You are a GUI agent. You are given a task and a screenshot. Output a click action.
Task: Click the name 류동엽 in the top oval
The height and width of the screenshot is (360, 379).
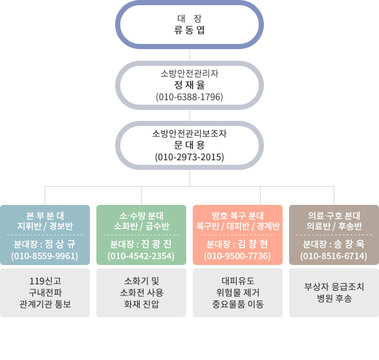point(189,30)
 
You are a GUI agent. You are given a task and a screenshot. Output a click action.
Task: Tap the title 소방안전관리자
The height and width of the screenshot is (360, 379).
point(189,73)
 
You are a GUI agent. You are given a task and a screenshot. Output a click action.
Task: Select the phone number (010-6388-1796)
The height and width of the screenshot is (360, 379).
point(189,97)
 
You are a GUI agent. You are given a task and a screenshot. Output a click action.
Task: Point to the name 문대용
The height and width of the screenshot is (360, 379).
point(189,145)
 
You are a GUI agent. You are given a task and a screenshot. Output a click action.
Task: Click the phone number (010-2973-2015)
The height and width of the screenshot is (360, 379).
point(189,157)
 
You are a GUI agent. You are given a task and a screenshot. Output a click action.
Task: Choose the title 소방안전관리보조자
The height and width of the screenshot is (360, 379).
point(189,133)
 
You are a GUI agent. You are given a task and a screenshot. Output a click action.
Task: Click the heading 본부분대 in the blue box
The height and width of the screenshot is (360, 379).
point(45,215)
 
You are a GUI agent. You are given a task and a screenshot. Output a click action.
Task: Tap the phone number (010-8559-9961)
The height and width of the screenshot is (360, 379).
point(45,256)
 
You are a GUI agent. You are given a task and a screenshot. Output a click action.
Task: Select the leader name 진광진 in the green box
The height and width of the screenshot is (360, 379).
point(156,244)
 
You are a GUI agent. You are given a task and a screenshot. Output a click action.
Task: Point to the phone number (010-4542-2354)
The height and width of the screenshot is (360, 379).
point(141,256)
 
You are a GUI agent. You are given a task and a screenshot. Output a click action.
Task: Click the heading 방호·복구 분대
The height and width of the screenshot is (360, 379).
point(237,215)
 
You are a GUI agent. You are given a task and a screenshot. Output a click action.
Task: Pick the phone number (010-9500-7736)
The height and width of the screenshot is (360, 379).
point(237,256)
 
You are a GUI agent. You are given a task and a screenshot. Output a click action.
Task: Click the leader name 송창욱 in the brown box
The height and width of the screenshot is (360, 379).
point(349,244)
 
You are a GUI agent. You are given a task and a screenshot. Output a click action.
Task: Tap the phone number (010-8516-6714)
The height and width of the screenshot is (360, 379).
point(334,256)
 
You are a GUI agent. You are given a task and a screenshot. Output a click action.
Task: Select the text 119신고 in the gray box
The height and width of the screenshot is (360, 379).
point(45,281)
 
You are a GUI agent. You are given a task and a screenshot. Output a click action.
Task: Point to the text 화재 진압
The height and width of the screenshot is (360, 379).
point(142,304)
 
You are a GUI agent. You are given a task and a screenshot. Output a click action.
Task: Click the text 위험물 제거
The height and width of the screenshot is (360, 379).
point(237,293)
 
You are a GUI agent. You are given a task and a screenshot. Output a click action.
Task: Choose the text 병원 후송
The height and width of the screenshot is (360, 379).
point(334,299)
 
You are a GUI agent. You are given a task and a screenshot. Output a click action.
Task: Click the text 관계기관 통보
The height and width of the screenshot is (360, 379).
point(45,304)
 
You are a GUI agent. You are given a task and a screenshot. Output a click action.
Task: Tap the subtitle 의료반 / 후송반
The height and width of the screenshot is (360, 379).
point(334,226)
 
